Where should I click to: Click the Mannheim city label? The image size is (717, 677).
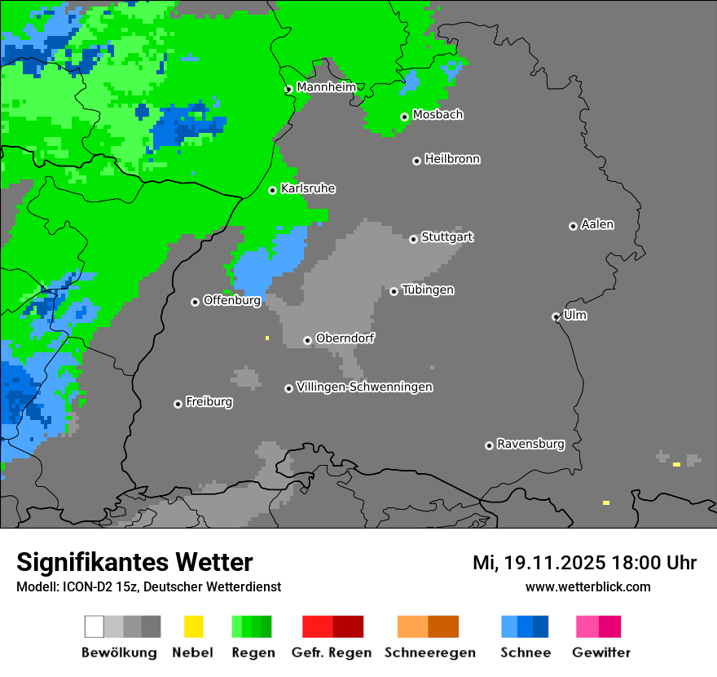(x=326, y=87)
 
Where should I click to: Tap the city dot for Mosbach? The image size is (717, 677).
(x=404, y=117)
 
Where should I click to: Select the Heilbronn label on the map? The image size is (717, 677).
(x=452, y=159)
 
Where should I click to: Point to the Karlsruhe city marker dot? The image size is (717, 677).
(x=273, y=190)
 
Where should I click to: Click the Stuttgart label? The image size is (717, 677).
(x=447, y=237)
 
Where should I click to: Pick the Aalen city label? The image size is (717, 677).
(x=597, y=224)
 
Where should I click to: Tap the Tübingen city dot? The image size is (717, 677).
(x=394, y=291)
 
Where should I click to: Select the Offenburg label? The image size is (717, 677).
(x=231, y=300)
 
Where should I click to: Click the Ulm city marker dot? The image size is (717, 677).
(x=556, y=316)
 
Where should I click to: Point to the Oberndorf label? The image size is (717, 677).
(x=345, y=338)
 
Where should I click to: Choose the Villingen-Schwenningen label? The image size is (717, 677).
(x=364, y=387)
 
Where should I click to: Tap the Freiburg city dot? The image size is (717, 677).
(x=178, y=404)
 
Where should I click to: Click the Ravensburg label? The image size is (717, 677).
(x=530, y=445)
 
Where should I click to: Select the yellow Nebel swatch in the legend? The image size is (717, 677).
(x=193, y=626)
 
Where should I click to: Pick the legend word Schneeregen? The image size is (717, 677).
(x=429, y=653)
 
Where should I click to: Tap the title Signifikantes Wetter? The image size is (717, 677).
(x=134, y=562)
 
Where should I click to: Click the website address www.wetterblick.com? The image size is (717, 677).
(x=587, y=586)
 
